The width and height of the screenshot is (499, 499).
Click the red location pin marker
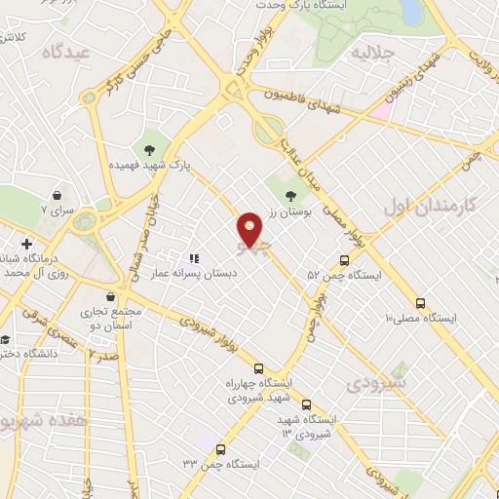[x=251, y=228]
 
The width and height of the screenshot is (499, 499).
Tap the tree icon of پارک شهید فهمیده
[x=150, y=149]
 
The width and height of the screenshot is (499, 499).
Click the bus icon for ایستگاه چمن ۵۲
[x=344, y=260]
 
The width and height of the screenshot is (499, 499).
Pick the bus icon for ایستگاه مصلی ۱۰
[x=420, y=302]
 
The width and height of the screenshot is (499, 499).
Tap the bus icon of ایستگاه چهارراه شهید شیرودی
[x=258, y=368]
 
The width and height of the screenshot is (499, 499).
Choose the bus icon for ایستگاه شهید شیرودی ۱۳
[x=307, y=404]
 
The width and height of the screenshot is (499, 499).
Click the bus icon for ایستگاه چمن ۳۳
[x=221, y=449]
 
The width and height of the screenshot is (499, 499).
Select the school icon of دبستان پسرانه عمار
[x=194, y=258]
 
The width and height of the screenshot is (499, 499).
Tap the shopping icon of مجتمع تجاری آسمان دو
[x=114, y=295]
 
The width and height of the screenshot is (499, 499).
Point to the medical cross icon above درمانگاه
[x=26, y=242]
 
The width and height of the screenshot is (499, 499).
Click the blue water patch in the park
[x=410, y=12]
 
